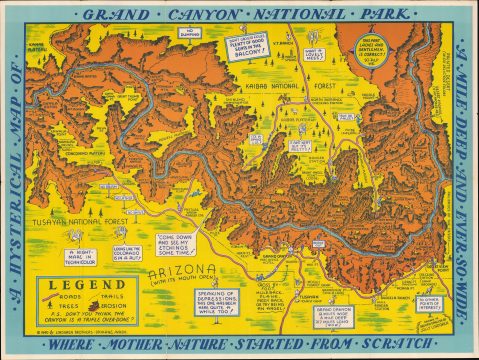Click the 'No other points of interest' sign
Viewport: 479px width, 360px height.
(x=431, y=299)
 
